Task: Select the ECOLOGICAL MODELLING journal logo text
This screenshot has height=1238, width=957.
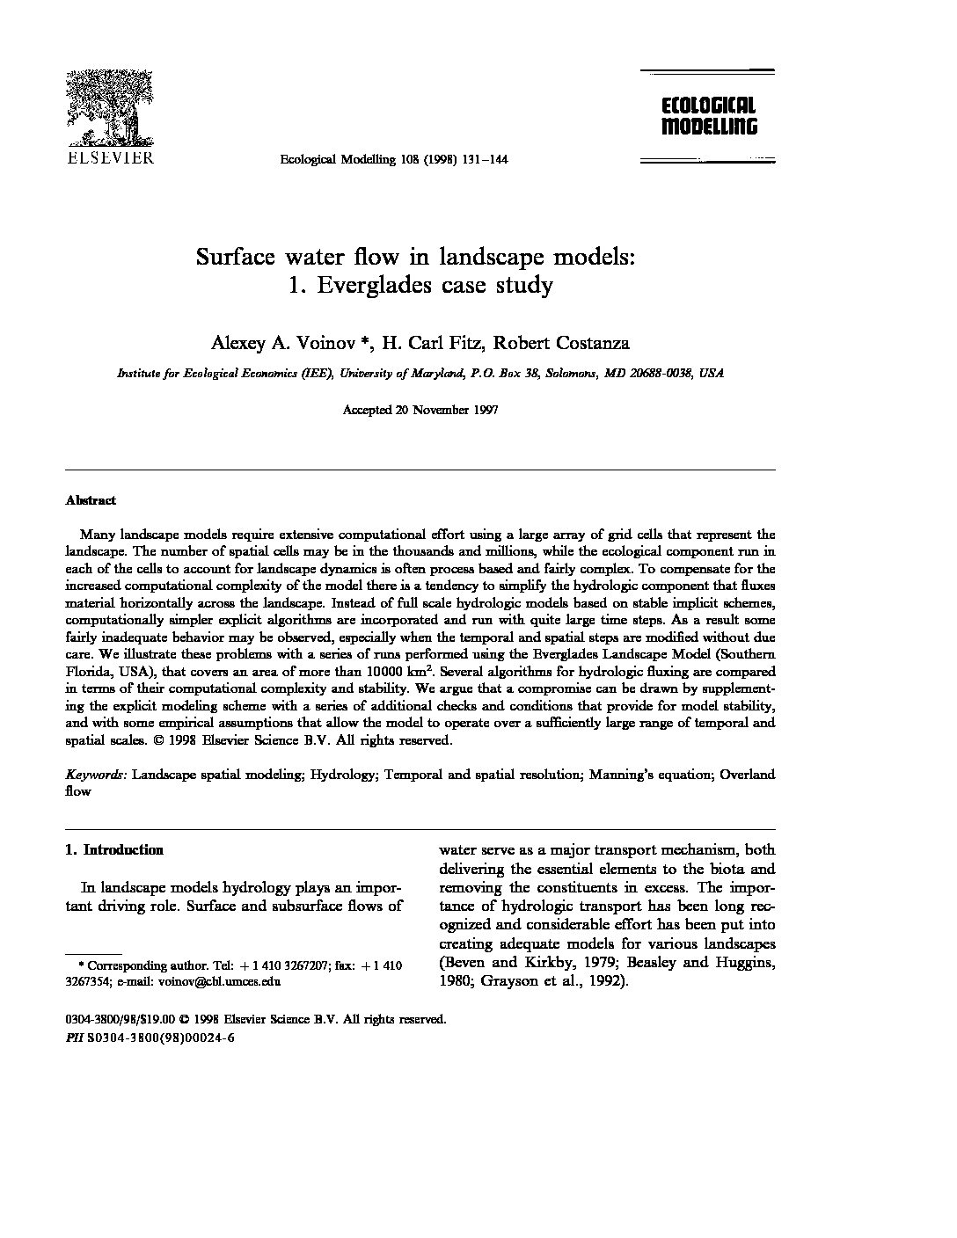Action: coord(708,116)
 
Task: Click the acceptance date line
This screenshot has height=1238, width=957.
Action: coord(420,410)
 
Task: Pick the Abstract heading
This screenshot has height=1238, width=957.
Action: coord(91,500)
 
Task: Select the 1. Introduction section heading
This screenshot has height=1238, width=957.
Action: coord(114,849)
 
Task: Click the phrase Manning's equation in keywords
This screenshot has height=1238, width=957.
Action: coord(650,775)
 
